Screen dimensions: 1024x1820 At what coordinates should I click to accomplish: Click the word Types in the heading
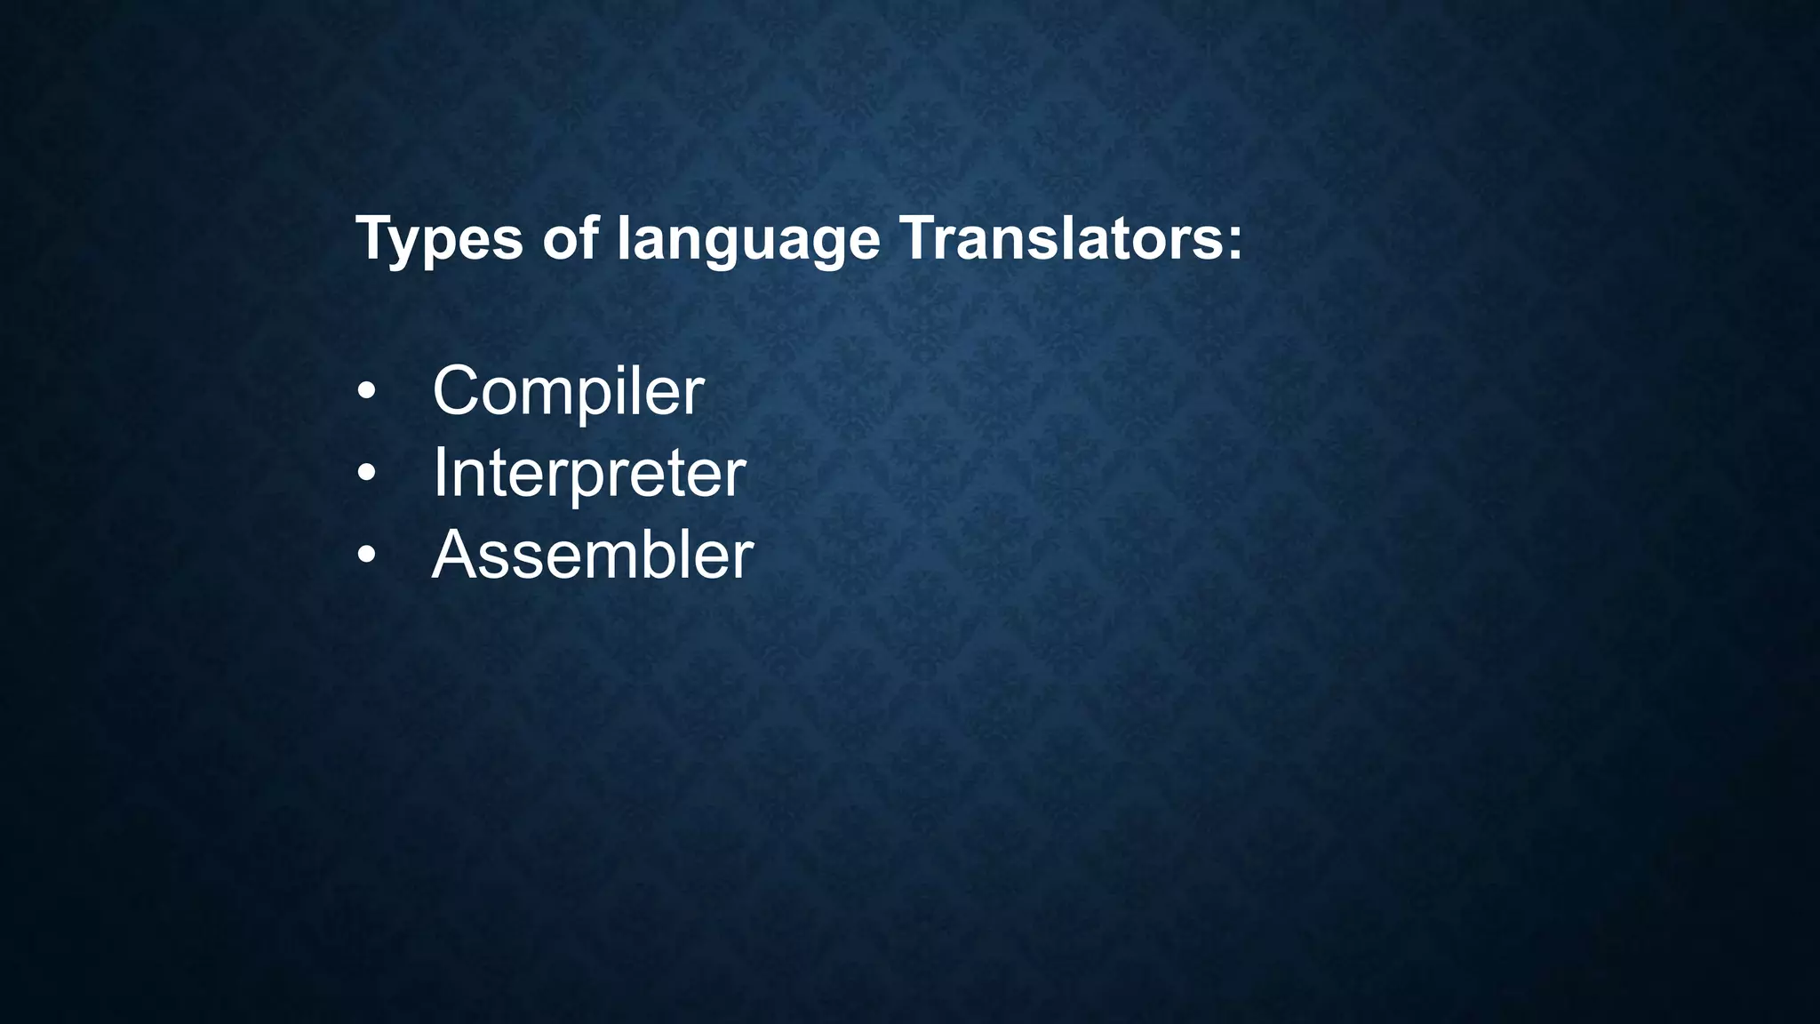(439, 240)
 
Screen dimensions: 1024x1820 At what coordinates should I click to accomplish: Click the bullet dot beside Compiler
(366, 392)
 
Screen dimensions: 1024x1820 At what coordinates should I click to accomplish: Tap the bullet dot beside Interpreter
(366, 474)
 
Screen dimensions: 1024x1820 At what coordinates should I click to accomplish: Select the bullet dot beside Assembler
(366, 556)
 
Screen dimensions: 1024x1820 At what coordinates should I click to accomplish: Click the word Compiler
(568, 391)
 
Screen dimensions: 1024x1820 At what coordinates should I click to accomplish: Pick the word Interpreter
(588, 473)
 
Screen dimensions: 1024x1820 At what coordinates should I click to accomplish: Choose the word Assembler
(592, 555)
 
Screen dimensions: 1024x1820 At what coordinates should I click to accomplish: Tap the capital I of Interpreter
(441, 473)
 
